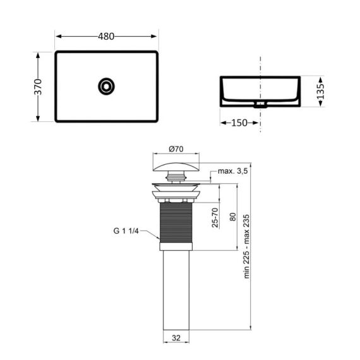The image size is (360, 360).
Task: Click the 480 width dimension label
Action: coord(106,37)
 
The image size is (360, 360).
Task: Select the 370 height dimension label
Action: coord(38,87)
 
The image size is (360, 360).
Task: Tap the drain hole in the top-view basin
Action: coord(106,86)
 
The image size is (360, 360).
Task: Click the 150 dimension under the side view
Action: coord(239,123)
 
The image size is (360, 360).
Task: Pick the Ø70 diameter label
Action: coord(176,149)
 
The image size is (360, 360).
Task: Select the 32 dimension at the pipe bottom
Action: coord(176,338)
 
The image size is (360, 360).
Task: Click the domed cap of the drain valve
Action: coord(176,167)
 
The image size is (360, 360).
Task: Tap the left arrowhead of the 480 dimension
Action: coord(57,37)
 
